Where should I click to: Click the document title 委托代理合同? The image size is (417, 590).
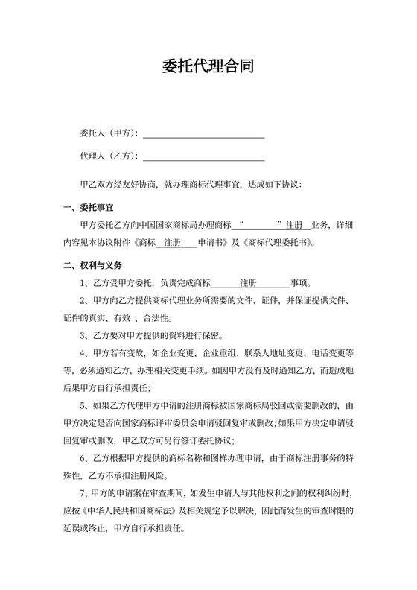point(208,67)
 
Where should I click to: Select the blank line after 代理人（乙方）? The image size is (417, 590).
point(203,156)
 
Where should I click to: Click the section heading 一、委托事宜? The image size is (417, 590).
point(88,206)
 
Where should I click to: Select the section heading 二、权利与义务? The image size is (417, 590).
point(92,264)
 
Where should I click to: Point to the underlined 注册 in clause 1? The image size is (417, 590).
point(248,283)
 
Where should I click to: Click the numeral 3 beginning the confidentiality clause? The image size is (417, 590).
point(82,335)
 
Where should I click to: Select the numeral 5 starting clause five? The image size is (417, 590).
point(82,405)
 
